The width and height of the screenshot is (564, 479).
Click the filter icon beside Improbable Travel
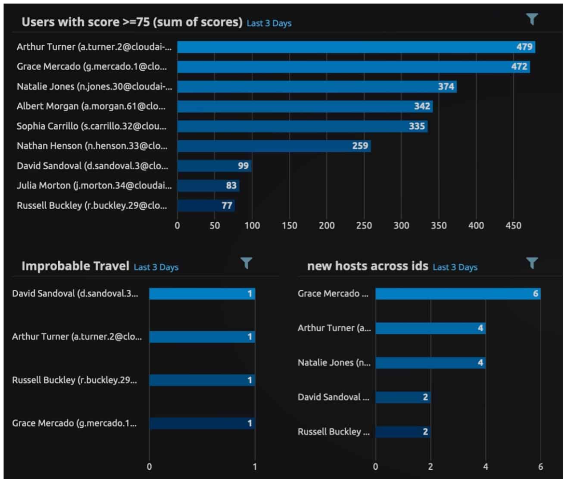pyautogui.click(x=246, y=263)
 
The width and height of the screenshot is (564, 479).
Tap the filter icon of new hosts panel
pyautogui.click(x=532, y=263)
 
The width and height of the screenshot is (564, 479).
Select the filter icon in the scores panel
pyautogui.click(x=532, y=19)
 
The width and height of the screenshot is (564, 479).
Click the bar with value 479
pyautogui.click(x=356, y=47)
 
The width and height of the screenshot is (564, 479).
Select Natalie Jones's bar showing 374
pyautogui.click(x=317, y=86)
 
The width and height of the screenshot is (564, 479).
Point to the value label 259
pyautogui.click(x=360, y=146)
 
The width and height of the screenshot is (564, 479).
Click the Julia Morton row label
pyautogui.click(x=94, y=186)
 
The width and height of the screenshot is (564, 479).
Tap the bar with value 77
pyautogui.click(x=206, y=205)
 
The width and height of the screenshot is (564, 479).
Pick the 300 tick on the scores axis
pyautogui.click(x=401, y=226)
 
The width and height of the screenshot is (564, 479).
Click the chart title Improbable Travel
pyautogui.click(x=75, y=266)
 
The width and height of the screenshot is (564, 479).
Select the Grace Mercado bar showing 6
pyautogui.click(x=458, y=294)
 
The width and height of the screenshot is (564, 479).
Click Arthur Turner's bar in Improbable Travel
pyautogui.click(x=202, y=337)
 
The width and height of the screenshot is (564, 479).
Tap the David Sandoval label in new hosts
pyautogui.click(x=333, y=397)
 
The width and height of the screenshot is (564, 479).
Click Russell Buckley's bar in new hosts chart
pyautogui.click(x=403, y=432)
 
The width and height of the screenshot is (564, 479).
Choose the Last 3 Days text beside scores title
pyautogui.click(x=269, y=23)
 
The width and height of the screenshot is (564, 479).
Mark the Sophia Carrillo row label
pyautogui.click(x=92, y=126)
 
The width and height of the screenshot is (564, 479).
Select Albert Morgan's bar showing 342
pyautogui.click(x=305, y=106)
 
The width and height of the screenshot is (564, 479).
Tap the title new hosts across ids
pyautogui.click(x=367, y=266)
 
